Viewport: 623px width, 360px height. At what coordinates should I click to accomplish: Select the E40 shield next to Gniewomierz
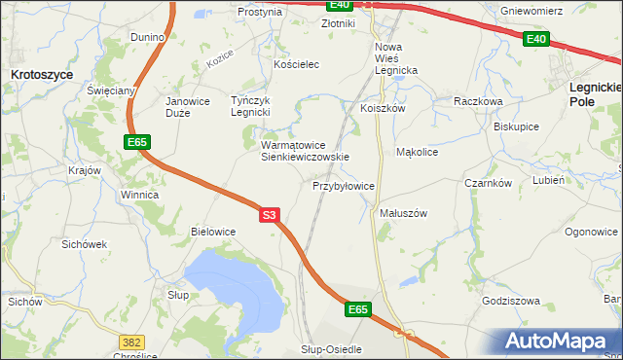pyautogui.click(x=534, y=39)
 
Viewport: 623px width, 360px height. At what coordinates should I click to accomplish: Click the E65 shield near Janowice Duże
pyautogui.click(x=136, y=143)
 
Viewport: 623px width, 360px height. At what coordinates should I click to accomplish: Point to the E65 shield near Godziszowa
pyautogui.click(x=358, y=309)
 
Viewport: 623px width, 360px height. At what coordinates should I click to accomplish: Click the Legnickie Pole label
pyautogui.click(x=594, y=93)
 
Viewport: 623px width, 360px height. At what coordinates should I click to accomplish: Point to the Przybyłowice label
pyautogui.click(x=344, y=185)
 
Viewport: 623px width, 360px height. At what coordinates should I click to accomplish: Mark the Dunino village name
pyautogui.click(x=148, y=37)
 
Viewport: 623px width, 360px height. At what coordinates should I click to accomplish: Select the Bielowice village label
pyautogui.click(x=213, y=232)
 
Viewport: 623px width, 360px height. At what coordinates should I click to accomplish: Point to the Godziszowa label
pyautogui.click(x=510, y=301)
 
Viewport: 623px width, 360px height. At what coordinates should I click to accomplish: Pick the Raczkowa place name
pyautogui.click(x=477, y=100)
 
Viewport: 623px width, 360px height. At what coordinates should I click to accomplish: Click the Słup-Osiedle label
pyautogui.click(x=331, y=348)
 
